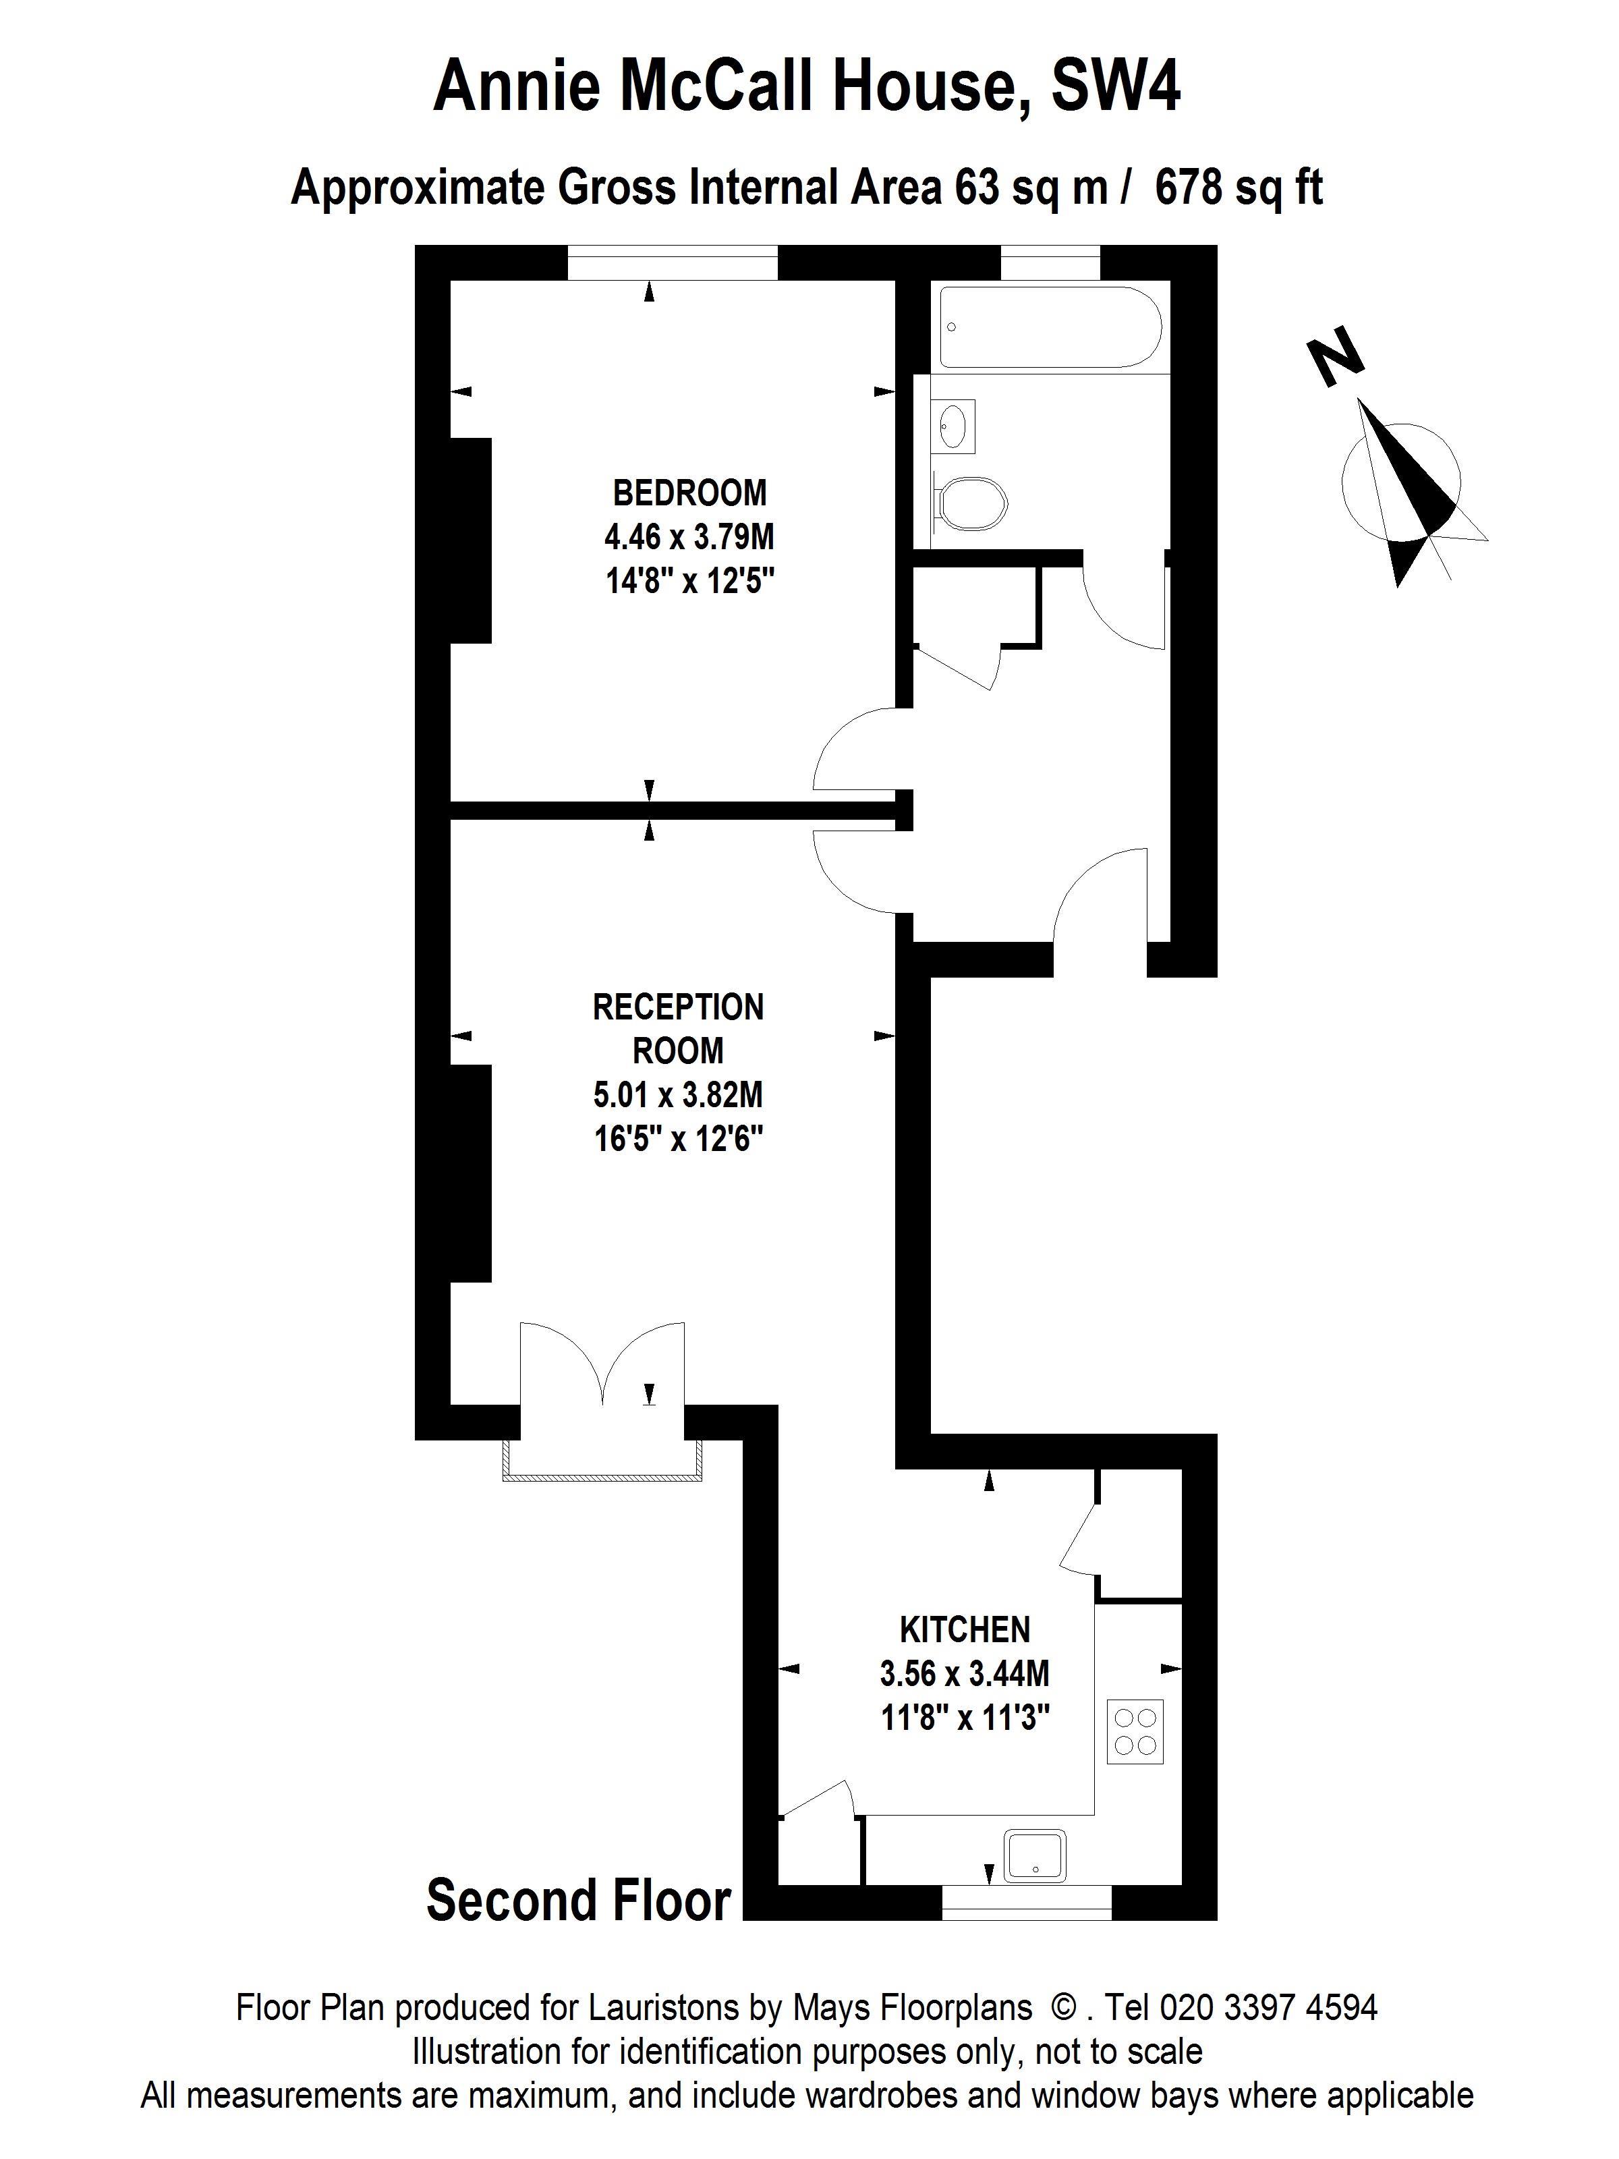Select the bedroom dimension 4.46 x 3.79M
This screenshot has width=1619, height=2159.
click(689, 537)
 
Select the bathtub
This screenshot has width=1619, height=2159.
click(1051, 326)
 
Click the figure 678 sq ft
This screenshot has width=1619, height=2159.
click(1239, 188)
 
